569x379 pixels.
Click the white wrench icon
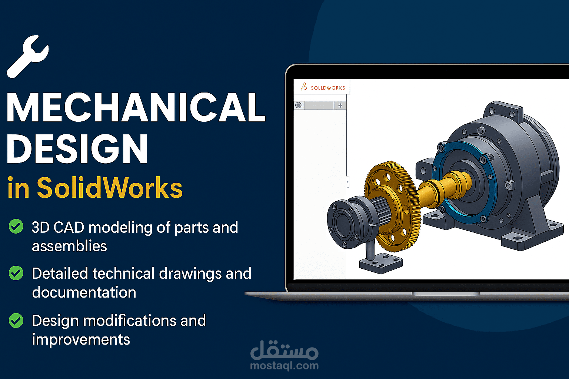tap(27, 56)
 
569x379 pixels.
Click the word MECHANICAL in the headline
tap(136, 108)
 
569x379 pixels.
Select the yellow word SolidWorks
tap(110, 188)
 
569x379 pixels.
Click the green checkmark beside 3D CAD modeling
tap(16, 226)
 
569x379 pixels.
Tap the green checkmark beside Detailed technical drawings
tap(16, 273)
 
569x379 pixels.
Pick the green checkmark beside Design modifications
tap(16, 321)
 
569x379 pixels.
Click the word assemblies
tap(69, 246)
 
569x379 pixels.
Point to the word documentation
tap(84, 292)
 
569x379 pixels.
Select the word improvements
tap(81, 340)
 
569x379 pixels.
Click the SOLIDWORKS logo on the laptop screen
tap(323, 87)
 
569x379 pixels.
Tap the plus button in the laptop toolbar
tap(340, 105)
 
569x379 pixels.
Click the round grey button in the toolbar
tap(299, 105)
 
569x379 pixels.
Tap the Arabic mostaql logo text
tap(284, 350)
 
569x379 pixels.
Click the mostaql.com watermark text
tap(284, 366)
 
